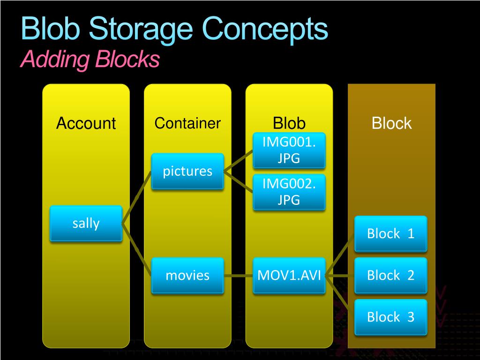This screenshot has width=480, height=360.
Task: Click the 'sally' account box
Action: pos(86,223)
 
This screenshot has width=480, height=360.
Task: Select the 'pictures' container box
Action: pos(187,171)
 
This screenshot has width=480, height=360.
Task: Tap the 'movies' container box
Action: pos(187,275)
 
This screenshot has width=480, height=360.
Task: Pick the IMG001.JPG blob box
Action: pos(289,150)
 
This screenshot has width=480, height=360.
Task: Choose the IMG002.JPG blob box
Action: pos(289,192)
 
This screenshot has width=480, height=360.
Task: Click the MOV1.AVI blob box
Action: pos(289,275)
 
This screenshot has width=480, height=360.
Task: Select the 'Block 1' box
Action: pos(390,233)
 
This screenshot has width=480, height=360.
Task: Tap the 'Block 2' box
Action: pos(390,275)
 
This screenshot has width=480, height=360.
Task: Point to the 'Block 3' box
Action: pos(390,317)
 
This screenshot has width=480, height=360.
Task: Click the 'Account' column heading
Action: pos(86,123)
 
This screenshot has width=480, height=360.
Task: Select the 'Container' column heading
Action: pos(187,123)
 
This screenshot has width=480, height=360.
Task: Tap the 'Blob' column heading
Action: pos(289,123)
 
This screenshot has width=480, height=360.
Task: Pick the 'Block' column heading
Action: pos(391,123)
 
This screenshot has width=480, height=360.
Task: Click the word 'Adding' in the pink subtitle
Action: pos(55,60)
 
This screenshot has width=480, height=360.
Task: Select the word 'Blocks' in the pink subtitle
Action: pos(127,60)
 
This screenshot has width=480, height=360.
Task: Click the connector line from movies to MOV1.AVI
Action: pos(238,276)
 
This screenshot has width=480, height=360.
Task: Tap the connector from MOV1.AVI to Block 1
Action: pos(340,255)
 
